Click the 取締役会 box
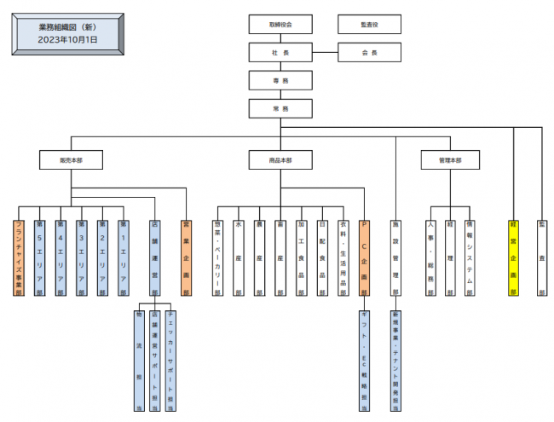coord(280,25)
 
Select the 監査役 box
coord(369,25)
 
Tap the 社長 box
coord(280,53)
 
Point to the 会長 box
coord(369,53)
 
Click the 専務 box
coord(280,80)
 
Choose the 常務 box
coord(280,108)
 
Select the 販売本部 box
coord(71,159)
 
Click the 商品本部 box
coord(280,159)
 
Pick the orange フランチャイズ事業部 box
coord(19,257)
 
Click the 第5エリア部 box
coord(39,257)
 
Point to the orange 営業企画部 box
coord(186,257)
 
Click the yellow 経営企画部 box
coord(513,257)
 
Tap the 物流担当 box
coord(139,361)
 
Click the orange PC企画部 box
coord(364,257)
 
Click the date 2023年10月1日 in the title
coord(67,39)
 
